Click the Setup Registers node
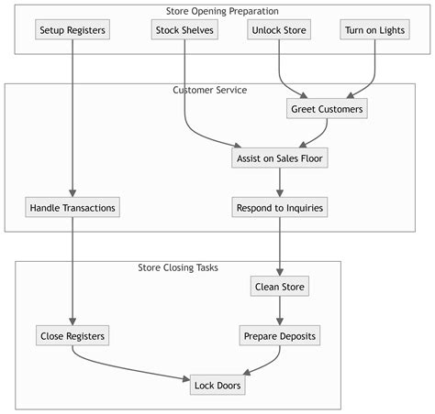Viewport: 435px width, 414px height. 72,30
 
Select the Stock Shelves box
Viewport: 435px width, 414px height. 184,30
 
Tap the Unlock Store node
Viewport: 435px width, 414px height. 279,30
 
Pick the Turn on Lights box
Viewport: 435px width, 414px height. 375,30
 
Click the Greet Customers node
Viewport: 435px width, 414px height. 327,109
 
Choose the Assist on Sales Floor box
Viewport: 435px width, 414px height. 279,158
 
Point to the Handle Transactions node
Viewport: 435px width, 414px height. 72,208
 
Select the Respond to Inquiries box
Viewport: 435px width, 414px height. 279,208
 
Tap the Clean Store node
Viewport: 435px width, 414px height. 279,287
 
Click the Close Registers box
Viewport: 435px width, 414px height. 72,336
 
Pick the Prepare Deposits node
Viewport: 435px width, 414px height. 279,336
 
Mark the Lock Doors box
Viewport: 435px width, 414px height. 217,386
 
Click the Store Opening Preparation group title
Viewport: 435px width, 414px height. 223,11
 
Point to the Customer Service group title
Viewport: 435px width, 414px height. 209,90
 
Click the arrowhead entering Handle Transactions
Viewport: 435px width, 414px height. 72,192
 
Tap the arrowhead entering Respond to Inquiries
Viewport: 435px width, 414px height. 279,192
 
